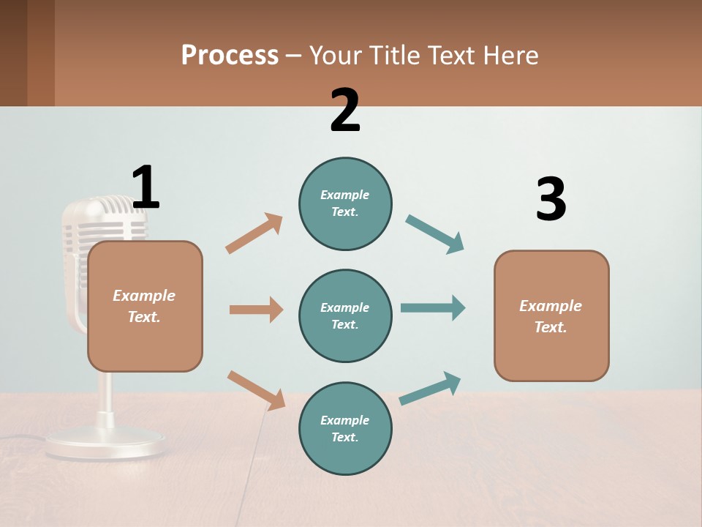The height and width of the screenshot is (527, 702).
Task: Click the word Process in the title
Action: click(x=230, y=55)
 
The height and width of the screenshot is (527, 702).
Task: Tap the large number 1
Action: click(x=146, y=187)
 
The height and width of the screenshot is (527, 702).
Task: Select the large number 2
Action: click(x=345, y=111)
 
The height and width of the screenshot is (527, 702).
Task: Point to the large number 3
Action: click(x=551, y=199)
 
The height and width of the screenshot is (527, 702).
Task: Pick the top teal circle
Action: click(x=345, y=203)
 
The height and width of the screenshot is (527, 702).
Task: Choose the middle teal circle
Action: click(x=345, y=315)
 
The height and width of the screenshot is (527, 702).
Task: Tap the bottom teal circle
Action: click(x=345, y=428)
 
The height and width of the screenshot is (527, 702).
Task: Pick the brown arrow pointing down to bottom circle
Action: click(x=256, y=390)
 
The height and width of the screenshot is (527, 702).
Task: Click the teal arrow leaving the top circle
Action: click(x=435, y=234)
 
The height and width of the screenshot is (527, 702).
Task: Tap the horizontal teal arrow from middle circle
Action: click(x=433, y=307)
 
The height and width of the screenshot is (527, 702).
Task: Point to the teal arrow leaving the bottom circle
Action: click(x=430, y=388)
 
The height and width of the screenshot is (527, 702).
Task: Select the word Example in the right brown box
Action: click(x=551, y=306)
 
